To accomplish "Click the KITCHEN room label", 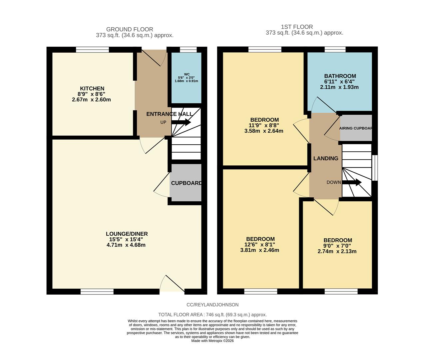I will click(x=92, y=89).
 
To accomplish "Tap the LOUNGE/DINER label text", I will click(x=127, y=234).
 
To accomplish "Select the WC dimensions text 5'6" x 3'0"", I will click(x=186, y=77).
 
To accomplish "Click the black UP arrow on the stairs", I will click(x=181, y=122).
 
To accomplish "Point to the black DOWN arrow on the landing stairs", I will click(x=353, y=182).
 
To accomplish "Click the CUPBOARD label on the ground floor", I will click(x=186, y=183).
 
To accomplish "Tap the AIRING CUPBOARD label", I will click(x=355, y=128).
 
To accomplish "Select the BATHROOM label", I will click(x=340, y=76).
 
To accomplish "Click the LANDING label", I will click(x=325, y=158).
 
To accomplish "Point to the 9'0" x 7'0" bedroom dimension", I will click(x=337, y=246).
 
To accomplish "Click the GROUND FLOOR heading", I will click(x=129, y=29).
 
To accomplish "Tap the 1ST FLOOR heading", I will click(x=297, y=27).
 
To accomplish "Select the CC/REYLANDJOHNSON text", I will click(x=212, y=305).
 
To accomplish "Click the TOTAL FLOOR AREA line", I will click(x=212, y=314).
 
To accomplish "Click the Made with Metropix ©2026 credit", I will click(x=212, y=341).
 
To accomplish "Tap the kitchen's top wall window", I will click(x=92, y=50).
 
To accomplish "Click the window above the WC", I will click(x=188, y=50).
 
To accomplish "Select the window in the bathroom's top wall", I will click(x=335, y=50).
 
